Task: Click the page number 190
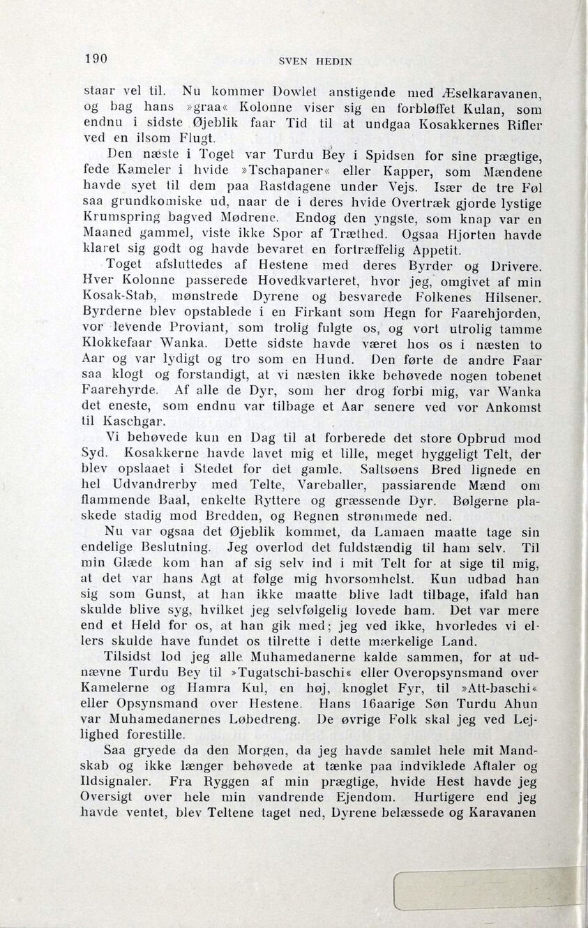(96, 59)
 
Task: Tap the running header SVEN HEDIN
(315, 61)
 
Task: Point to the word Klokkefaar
(122, 345)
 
